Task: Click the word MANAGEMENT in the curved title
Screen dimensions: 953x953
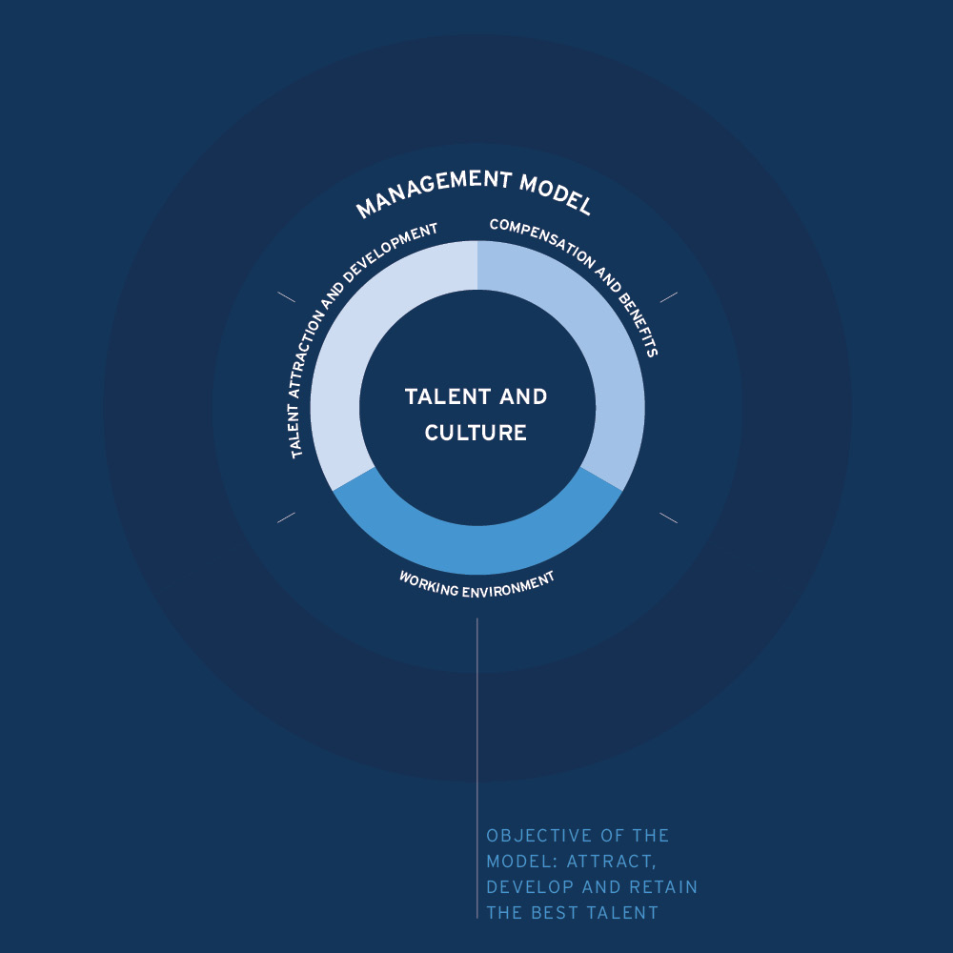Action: pyautogui.click(x=434, y=190)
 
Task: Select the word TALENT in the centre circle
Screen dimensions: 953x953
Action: pyautogui.click(x=448, y=396)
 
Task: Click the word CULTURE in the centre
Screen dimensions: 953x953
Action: pyautogui.click(x=476, y=433)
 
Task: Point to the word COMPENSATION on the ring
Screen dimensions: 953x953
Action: pyautogui.click(x=543, y=242)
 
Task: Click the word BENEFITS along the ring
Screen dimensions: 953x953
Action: pyautogui.click(x=639, y=326)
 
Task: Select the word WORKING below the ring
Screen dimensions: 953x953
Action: pyautogui.click(x=429, y=583)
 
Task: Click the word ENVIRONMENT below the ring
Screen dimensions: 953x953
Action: pyautogui.click(x=509, y=586)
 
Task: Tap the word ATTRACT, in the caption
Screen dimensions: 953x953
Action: pyautogui.click(x=612, y=862)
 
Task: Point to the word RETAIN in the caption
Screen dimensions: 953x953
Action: pyautogui.click(x=663, y=887)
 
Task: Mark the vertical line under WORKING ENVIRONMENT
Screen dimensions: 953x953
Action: pyautogui.click(x=477, y=768)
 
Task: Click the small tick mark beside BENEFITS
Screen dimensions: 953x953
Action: pyautogui.click(x=669, y=297)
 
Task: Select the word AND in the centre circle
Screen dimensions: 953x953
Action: pyautogui.click(x=523, y=396)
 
